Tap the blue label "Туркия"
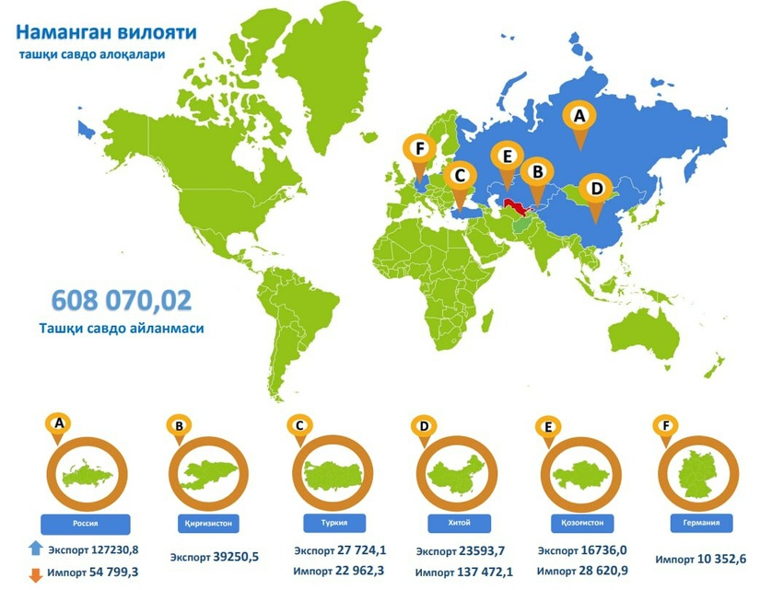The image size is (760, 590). [333, 522]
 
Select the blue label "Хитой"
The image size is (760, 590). [458, 522]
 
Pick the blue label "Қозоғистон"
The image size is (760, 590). [581, 522]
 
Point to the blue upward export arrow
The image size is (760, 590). [35, 550]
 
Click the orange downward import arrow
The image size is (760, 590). [35, 573]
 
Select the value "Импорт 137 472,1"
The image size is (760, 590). [463, 573]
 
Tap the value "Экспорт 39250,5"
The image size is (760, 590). [214, 557]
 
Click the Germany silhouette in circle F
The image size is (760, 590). [703, 475]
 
